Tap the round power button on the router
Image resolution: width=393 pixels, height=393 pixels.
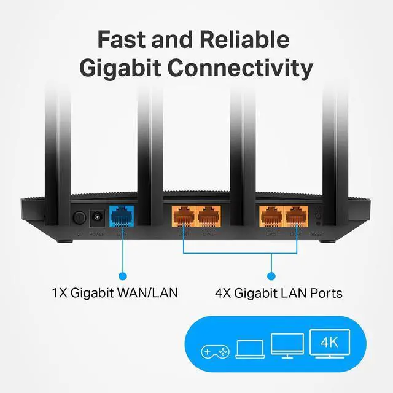coord(79,217)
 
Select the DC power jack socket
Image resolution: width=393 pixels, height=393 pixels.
coord(97,217)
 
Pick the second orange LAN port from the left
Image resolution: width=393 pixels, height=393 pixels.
coord(206,217)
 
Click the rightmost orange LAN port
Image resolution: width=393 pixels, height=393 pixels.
coord(295,217)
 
